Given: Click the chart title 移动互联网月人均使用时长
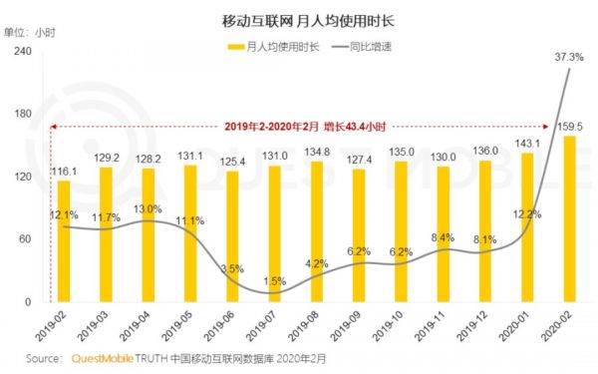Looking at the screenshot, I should point(298,20).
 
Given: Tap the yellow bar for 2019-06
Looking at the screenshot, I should point(232,236).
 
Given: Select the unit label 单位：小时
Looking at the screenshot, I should point(31,31).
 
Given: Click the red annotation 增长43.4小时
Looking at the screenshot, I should point(352,127).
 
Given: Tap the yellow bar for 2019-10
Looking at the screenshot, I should point(401,231).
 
